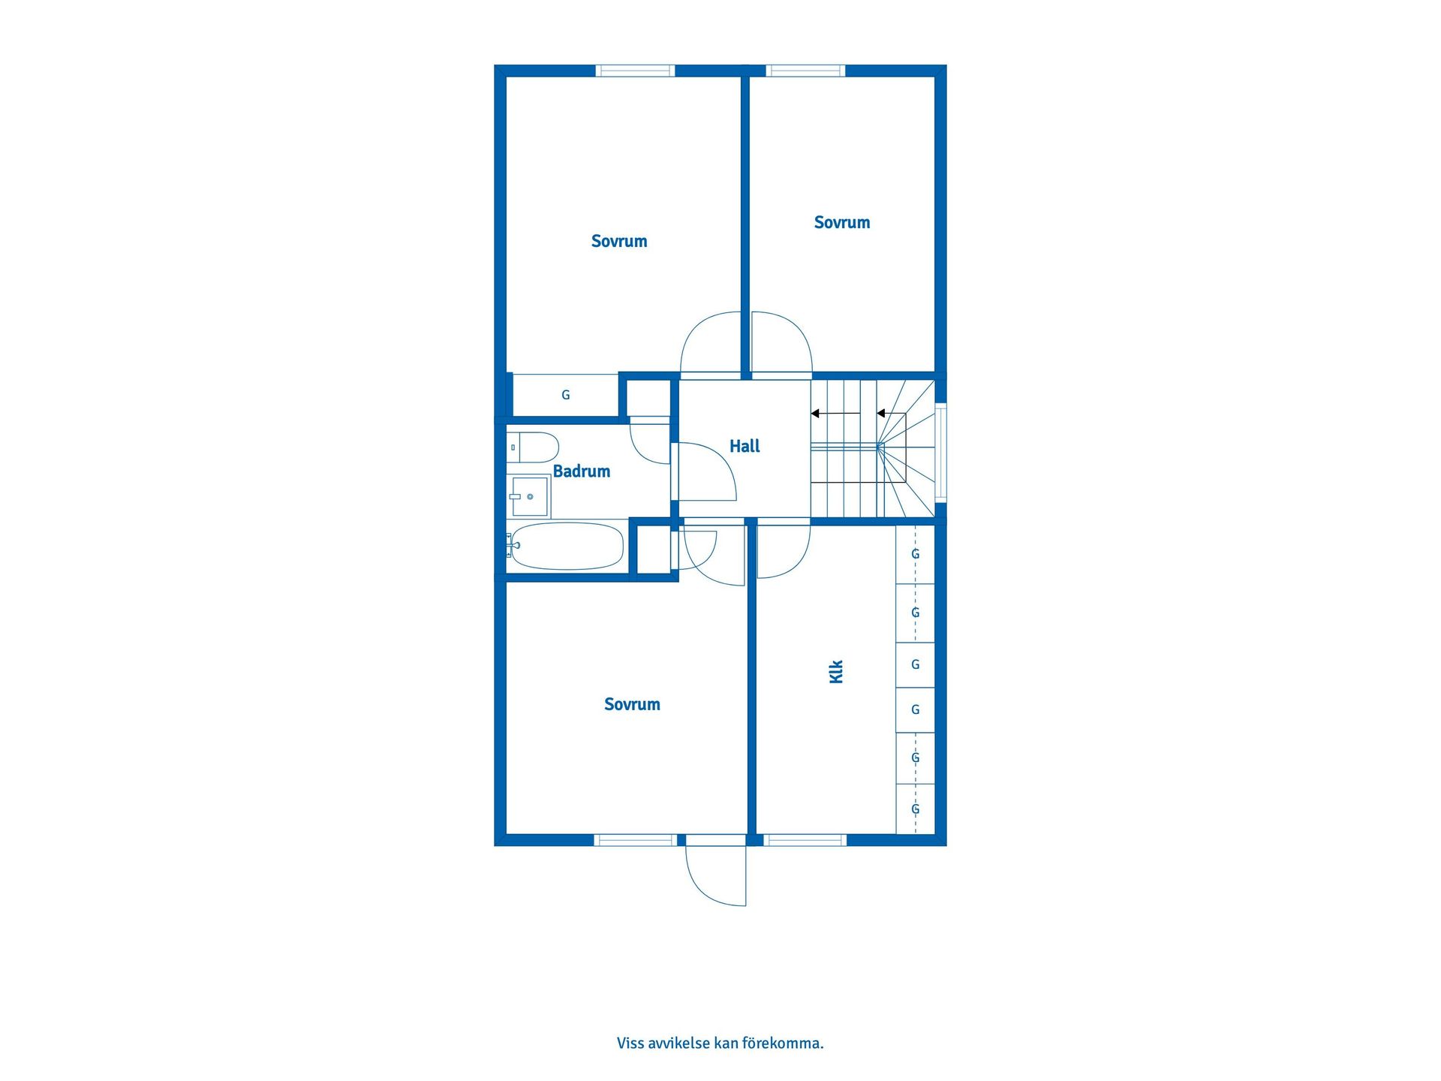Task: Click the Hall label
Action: pyautogui.click(x=745, y=446)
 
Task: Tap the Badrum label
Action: pyautogui.click(x=581, y=471)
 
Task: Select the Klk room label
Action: pyautogui.click(x=836, y=671)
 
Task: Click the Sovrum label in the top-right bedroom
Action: pyautogui.click(x=842, y=222)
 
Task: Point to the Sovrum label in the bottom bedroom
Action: pyautogui.click(x=632, y=704)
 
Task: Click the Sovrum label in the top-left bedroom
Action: pyautogui.click(x=619, y=241)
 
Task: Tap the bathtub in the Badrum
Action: pyautogui.click(x=567, y=546)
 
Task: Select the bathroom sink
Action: pyautogui.click(x=529, y=496)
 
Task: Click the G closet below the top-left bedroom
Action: pyautogui.click(x=565, y=395)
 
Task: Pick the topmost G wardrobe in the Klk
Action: pyautogui.click(x=915, y=554)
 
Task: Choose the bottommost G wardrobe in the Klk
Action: pyautogui.click(x=915, y=809)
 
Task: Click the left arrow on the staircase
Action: pyautogui.click(x=835, y=414)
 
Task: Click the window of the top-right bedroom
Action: pyautogui.click(x=805, y=71)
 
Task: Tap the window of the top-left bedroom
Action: pyautogui.click(x=635, y=71)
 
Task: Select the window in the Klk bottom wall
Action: pyautogui.click(x=805, y=840)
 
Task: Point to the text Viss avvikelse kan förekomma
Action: pyautogui.click(x=720, y=1043)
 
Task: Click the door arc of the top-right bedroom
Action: pyautogui.click(x=784, y=338)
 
